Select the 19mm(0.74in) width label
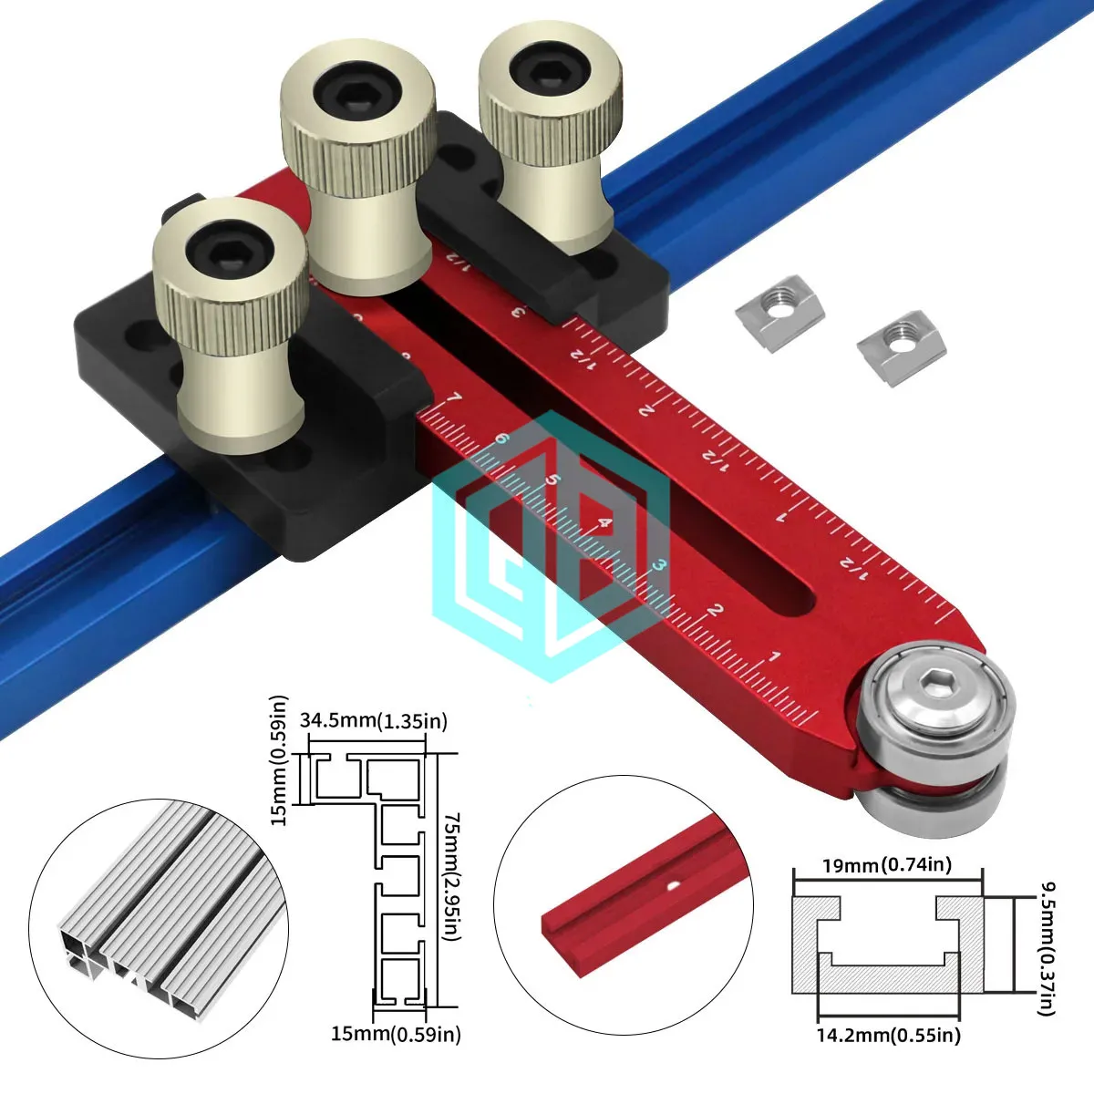[x=886, y=864]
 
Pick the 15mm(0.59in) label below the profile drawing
[x=396, y=1034]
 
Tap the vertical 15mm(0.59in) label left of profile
[x=280, y=761]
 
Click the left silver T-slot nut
[x=780, y=315]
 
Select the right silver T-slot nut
[x=902, y=345]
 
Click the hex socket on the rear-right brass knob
[x=549, y=69]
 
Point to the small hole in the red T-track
[x=672, y=883]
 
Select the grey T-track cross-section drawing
[x=887, y=945]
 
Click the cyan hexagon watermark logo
[x=552, y=547]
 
